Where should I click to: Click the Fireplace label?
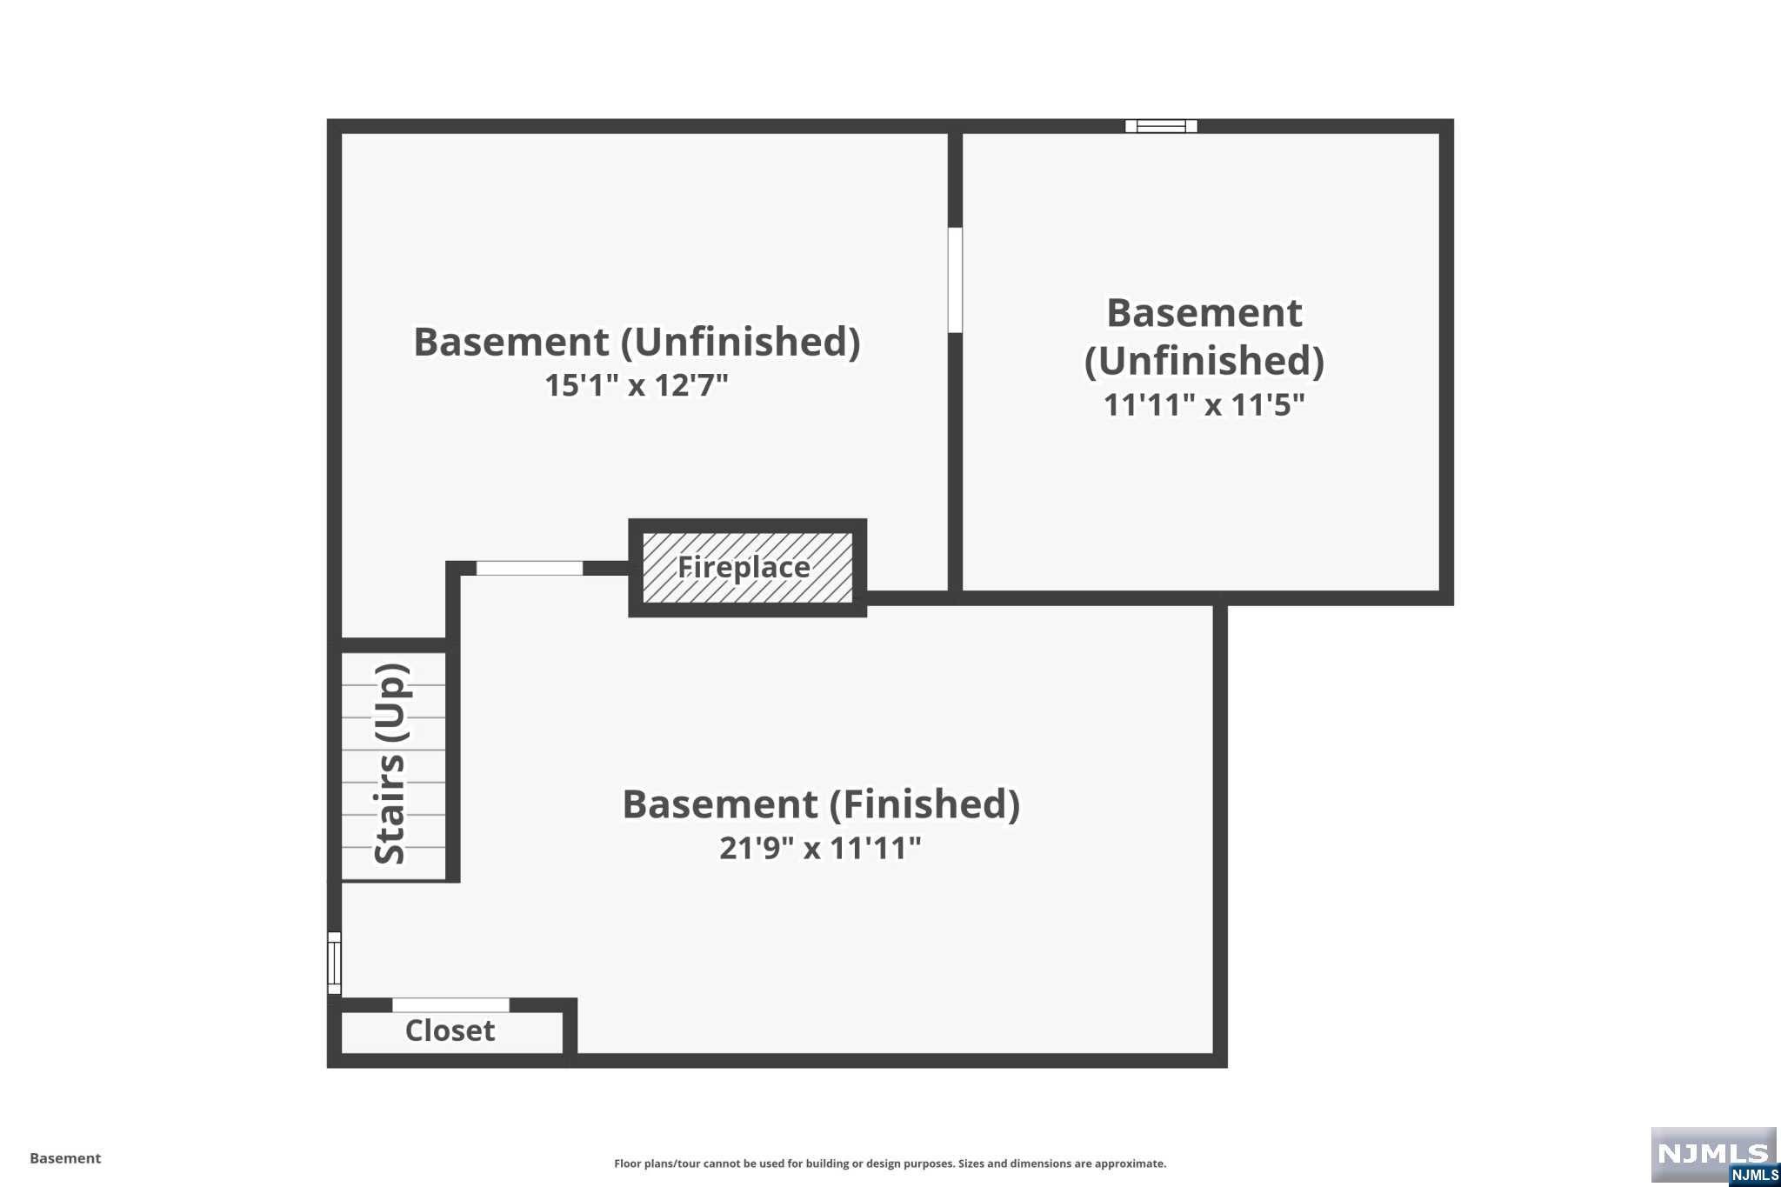point(744,567)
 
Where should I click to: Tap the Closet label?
point(450,1030)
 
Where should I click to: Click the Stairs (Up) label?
point(390,764)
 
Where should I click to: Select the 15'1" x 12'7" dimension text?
point(637,385)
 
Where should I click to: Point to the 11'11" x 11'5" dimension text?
point(1204,405)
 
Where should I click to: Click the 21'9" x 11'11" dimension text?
point(820,848)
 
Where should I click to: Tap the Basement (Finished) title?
point(820,804)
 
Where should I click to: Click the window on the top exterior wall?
point(1161,126)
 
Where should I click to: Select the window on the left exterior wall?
point(334,963)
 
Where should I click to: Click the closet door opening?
point(450,1005)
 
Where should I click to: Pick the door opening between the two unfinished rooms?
point(955,280)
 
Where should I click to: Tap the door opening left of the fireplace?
point(529,568)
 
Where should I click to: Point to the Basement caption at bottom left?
point(65,1158)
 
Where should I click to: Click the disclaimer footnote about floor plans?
point(890,1164)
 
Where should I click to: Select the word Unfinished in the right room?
point(1204,361)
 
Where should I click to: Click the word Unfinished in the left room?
point(740,342)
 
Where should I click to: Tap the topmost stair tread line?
point(393,685)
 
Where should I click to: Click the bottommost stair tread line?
point(393,847)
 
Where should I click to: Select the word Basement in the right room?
point(1204,313)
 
